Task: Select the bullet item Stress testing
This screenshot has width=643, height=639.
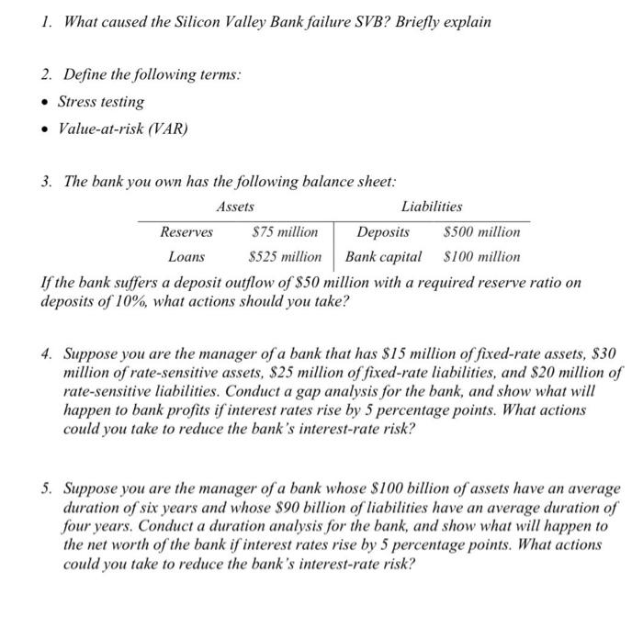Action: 101,102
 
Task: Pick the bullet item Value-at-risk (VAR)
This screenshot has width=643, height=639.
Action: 122,129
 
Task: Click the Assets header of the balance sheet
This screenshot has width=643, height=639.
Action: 235,207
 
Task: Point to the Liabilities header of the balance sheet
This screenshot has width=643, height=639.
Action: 432,207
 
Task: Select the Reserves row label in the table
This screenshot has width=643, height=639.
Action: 186,232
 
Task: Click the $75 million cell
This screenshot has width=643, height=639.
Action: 284,232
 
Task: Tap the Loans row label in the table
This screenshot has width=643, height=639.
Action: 187,257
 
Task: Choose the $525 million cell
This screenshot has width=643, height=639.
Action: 285,257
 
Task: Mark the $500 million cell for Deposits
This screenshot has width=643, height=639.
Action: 481,232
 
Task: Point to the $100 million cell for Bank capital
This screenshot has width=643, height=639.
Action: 481,257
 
